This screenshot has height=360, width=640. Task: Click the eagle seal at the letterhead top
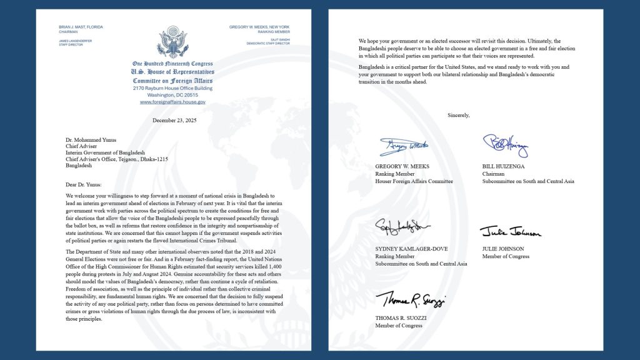click(172, 42)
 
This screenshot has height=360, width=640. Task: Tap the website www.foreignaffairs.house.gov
click(172, 102)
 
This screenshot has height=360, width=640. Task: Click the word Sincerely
click(458, 115)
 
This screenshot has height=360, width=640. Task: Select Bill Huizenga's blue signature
click(506, 145)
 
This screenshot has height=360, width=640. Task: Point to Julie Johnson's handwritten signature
click(509, 232)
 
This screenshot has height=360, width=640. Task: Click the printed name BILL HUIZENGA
click(504, 166)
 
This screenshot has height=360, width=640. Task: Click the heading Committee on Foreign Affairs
click(172, 81)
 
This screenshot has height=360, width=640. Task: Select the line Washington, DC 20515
click(172, 95)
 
